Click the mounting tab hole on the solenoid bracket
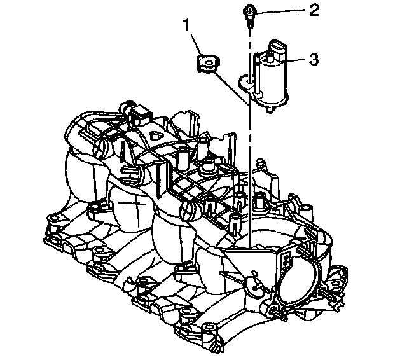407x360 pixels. click(244, 80)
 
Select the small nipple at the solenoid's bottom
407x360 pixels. click(272, 109)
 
